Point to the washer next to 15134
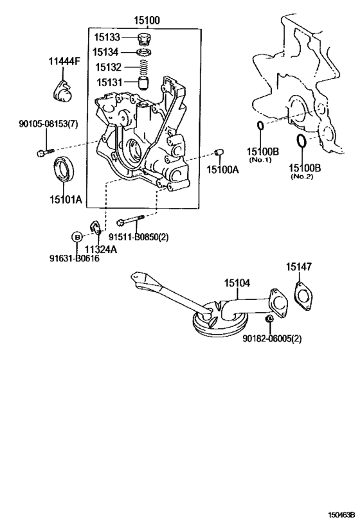coord(144,51)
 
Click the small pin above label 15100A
coord(219,152)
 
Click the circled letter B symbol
coord(76,237)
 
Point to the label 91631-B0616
coord(74,259)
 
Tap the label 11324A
coord(102,249)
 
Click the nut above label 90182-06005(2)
coord(271,319)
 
